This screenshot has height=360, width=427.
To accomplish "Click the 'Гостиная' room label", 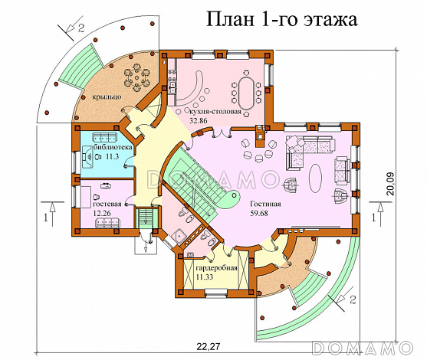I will tap(264, 205).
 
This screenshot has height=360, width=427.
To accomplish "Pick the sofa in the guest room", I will tap(107, 223).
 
